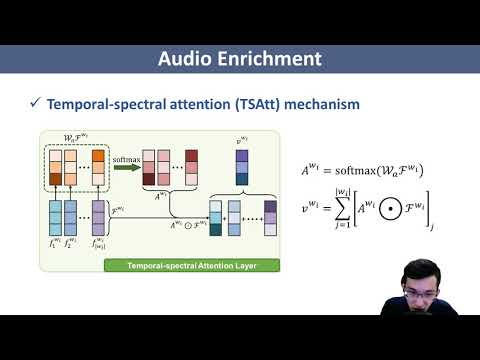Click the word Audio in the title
[189, 59]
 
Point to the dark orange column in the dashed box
[98, 167]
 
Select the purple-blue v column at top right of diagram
[242, 166]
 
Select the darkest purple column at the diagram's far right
[270, 218]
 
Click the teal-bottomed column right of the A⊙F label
[215, 218]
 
